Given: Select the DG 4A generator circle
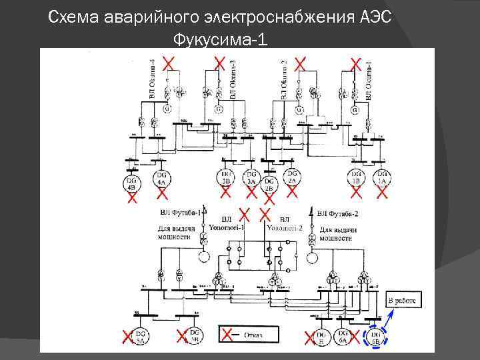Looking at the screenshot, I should click(x=161, y=179).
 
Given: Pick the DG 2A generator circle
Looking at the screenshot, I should click(x=291, y=179).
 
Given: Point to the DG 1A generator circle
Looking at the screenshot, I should click(x=381, y=179).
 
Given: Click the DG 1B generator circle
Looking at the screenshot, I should click(x=357, y=179).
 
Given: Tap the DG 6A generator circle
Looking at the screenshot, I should click(x=344, y=336).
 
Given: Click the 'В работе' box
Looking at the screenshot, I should click(x=405, y=301).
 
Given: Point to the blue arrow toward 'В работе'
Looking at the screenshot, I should click(x=389, y=319).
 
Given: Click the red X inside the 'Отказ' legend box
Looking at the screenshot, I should click(x=227, y=333).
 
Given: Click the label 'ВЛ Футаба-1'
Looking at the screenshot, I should click(x=180, y=213).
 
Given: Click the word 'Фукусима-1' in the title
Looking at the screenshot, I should click(x=220, y=40).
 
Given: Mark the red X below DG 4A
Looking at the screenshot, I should click(x=161, y=195).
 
